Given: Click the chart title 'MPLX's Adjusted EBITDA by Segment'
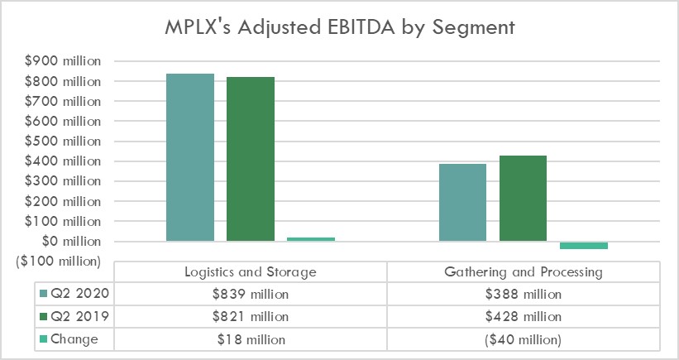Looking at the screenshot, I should (339, 27).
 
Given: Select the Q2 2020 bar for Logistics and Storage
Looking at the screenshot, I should (190, 157).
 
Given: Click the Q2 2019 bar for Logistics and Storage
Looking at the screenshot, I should (251, 159).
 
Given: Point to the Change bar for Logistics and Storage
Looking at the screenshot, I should (311, 239).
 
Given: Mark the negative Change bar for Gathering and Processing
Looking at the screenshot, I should (583, 246).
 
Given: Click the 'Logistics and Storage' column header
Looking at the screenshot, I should (250, 271).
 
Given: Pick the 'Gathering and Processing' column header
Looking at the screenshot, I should (523, 271).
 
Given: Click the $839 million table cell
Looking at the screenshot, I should (250, 294).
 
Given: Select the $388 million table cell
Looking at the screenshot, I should (523, 294).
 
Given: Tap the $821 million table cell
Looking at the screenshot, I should (250, 316).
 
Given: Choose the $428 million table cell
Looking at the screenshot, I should (523, 316).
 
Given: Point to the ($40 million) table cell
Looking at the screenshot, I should (523, 339).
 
